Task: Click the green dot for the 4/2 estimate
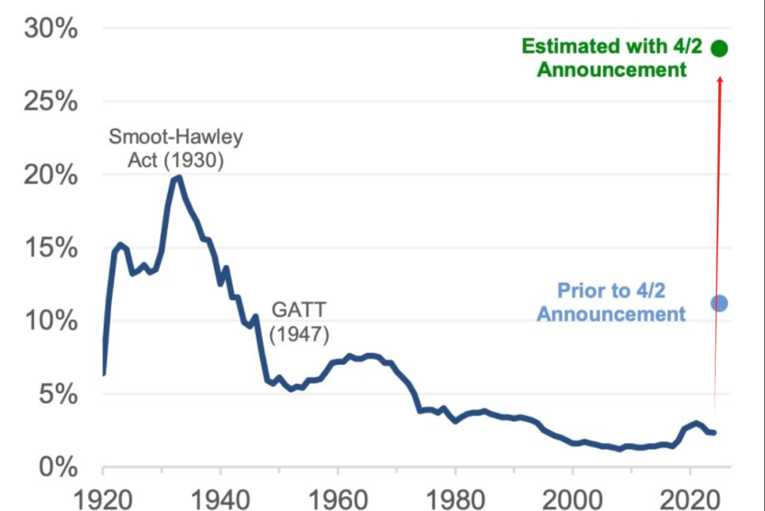pos(719,48)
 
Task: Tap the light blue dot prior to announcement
pos(719,303)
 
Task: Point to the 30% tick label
pos(51,28)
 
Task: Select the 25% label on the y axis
pos(51,101)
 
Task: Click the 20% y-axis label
pos(51,175)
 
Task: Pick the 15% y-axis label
pos(51,248)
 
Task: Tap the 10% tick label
pos(51,321)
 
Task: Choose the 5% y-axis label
pos(58,394)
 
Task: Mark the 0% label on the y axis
pos(58,468)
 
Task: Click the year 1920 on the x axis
pos(103,500)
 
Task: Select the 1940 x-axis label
pos(220,500)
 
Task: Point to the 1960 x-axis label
pos(338,500)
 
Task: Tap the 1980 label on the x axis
pos(455,500)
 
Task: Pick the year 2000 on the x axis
pos(572,500)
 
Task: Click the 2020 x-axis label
pos(690,500)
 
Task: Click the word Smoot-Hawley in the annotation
pos(176,137)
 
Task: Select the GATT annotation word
pos(299,310)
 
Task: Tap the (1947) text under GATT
pos(299,335)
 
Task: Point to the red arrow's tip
pos(720,77)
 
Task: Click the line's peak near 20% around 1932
pos(178,178)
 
